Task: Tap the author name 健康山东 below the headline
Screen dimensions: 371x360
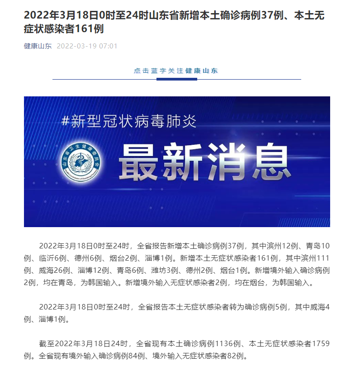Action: [x=38, y=46]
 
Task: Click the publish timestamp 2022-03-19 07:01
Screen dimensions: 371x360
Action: [x=87, y=46]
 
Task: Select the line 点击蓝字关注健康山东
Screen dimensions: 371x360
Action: [x=176, y=71]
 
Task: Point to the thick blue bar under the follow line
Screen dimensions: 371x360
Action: [x=176, y=79]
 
